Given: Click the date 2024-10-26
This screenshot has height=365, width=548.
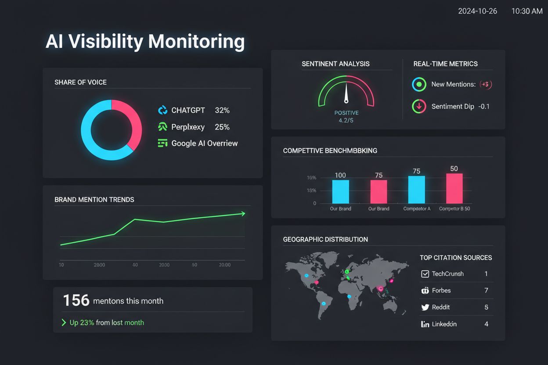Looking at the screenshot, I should (x=477, y=11).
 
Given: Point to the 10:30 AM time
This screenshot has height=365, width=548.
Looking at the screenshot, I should (x=527, y=11).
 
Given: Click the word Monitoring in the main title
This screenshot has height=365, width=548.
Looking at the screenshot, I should (x=196, y=41).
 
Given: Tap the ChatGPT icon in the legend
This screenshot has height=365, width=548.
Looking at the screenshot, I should (x=162, y=110).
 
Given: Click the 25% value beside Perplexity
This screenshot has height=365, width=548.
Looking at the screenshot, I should (x=222, y=127).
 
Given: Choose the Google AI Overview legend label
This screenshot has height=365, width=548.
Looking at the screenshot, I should (x=204, y=143).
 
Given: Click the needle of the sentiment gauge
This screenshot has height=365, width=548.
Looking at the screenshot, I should (x=346, y=92).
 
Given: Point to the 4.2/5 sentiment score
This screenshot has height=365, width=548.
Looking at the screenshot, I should (x=346, y=120).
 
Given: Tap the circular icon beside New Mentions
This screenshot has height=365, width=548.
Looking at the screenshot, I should (x=419, y=84).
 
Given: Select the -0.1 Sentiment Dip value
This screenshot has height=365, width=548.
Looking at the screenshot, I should (x=484, y=107).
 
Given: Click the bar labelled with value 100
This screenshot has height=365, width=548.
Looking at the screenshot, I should (x=340, y=191).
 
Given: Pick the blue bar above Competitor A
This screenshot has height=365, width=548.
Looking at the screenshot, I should (x=416, y=190).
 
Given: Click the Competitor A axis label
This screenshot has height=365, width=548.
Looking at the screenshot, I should (x=417, y=209).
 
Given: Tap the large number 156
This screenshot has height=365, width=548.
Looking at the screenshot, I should (x=76, y=301).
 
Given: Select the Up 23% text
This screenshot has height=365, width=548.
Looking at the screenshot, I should (x=82, y=322).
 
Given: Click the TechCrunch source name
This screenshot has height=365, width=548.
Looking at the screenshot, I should (x=447, y=274).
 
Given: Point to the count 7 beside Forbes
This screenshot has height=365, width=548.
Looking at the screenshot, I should (x=486, y=290).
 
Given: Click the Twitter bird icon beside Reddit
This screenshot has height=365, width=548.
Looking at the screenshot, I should (x=425, y=308).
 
